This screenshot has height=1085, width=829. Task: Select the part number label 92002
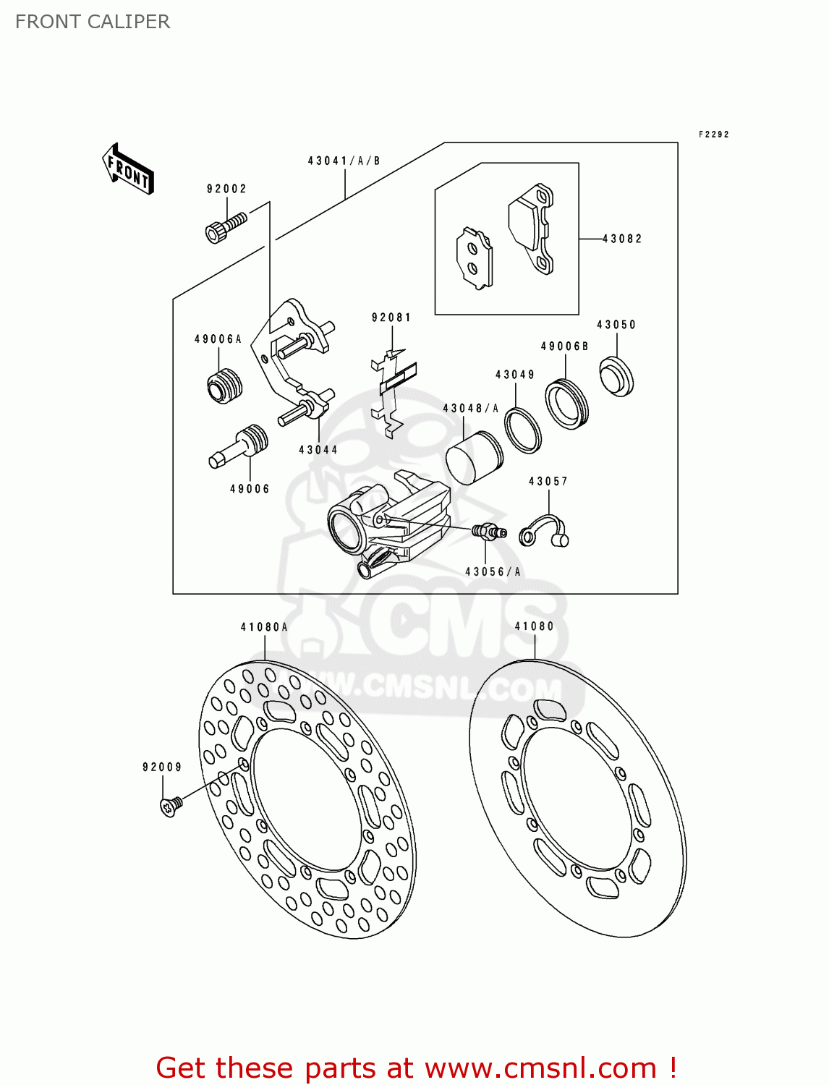coord(226,189)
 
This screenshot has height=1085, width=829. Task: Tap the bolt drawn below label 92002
coord(225,226)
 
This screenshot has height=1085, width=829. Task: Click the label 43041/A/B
coord(344,161)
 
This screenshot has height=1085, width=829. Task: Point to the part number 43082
coord(622,238)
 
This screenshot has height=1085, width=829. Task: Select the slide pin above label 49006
coord(239,446)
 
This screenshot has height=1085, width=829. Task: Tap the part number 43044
coord(318,450)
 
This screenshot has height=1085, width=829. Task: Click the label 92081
coord(391,318)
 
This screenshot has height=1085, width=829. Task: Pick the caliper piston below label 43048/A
coord(473,457)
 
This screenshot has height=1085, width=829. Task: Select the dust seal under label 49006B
coord(566,403)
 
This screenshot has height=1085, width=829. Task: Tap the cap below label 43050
coord(616,376)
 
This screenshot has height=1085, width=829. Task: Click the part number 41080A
coord(264,627)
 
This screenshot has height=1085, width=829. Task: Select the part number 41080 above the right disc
coord(534,626)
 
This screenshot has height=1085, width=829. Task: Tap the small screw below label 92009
coord(171,805)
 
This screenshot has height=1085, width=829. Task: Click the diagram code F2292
coord(713,135)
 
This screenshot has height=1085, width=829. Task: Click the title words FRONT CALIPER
coord(93,22)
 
